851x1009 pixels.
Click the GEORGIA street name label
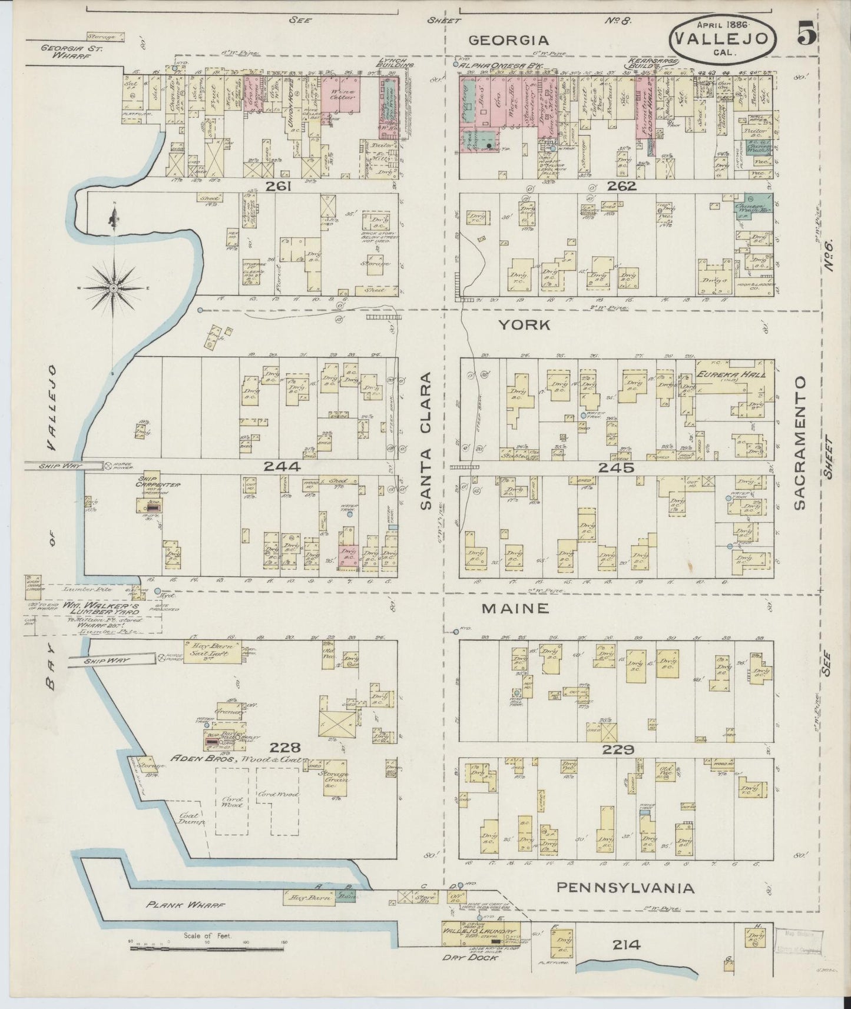pyautogui.click(x=508, y=40)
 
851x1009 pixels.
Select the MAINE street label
pyautogui.click(x=515, y=609)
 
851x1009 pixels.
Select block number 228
pyautogui.click(x=286, y=748)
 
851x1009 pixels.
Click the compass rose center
pyautogui.click(x=113, y=288)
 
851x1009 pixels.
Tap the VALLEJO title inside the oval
pyautogui.click(x=721, y=38)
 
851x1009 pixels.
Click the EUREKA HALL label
pyautogui.click(x=722, y=374)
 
